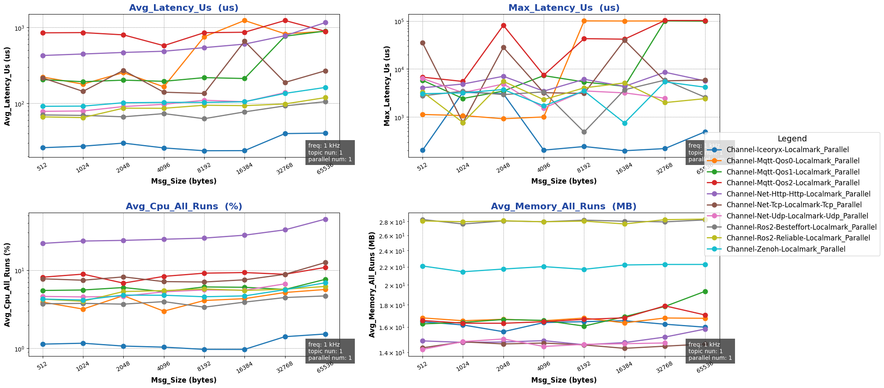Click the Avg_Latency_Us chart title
click(x=183, y=8)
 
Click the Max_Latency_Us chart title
click(x=564, y=8)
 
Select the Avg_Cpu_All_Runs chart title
click(x=183, y=206)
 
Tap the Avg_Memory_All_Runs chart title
click(x=564, y=206)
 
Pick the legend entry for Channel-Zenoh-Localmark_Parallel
click(x=786, y=249)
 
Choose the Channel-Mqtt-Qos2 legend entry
click(x=793, y=183)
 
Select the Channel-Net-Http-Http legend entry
click(x=799, y=194)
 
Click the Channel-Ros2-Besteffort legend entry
click(x=801, y=227)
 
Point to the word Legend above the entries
click(x=792, y=139)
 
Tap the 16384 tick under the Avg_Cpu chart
click(x=244, y=367)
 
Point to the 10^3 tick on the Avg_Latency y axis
click(x=20, y=28)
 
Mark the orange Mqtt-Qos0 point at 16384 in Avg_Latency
click(x=244, y=20)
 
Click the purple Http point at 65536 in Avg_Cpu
click(x=325, y=219)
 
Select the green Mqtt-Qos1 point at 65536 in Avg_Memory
click(x=705, y=291)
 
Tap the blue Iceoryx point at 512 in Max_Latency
click(x=422, y=150)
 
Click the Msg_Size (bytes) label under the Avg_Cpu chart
click(x=183, y=380)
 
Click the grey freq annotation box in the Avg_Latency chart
click(x=330, y=153)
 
